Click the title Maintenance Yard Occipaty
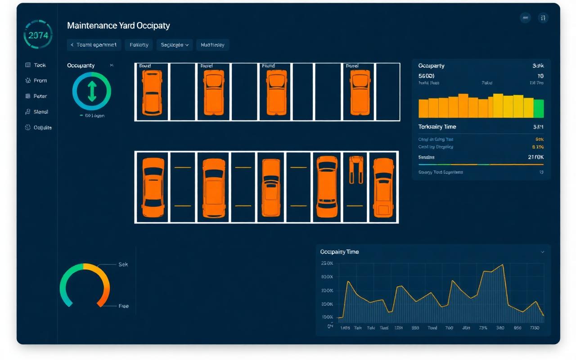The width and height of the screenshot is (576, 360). pyautogui.click(x=118, y=26)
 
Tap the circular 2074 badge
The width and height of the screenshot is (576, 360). pyautogui.click(x=38, y=35)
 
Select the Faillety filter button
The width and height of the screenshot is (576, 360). pyautogui.click(x=139, y=45)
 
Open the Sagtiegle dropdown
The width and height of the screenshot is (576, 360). pyautogui.click(x=175, y=45)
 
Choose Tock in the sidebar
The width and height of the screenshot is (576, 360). pyautogui.click(x=40, y=65)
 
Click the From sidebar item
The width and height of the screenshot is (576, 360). pyautogui.click(x=40, y=81)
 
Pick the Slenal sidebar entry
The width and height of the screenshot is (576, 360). pyautogui.click(x=40, y=112)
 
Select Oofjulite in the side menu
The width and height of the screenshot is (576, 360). pyautogui.click(x=42, y=127)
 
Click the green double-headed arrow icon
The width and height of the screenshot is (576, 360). pyautogui.click(x=92, y=91)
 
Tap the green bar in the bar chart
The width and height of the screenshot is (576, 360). pyautogui.click(x=539, y=108)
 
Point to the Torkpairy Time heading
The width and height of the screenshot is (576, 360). pyautogui.click(x=437, y=127)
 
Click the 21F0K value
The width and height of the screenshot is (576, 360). pyautogui.click(x=535, y=157)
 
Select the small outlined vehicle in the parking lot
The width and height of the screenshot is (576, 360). pyautogui.click(x=356, y=169)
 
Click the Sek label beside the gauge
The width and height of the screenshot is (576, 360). pyautogui.click(x=123, y=265)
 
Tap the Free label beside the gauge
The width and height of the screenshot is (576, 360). pyautogui.click(x=123, y=306)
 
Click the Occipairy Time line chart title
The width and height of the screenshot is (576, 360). pyautogui.click(x=339, y=252)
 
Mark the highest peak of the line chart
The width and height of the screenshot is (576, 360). pyautogui.click(x=502, y=265)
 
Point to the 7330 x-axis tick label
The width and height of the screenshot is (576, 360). pyautogui.click(x=535, y=328)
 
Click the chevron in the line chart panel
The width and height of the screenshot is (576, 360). pyautogui.click(x=542, y=252)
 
